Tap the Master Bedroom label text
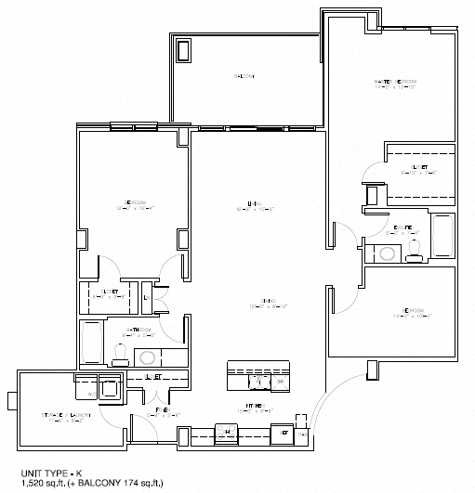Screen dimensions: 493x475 point(395,83)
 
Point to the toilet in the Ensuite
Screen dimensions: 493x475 point(415,246)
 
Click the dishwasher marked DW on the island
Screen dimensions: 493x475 point(280,380)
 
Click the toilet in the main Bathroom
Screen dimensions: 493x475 point(119,351)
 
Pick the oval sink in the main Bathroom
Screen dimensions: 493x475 point(145,356)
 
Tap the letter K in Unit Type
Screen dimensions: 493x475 point(62,473)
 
